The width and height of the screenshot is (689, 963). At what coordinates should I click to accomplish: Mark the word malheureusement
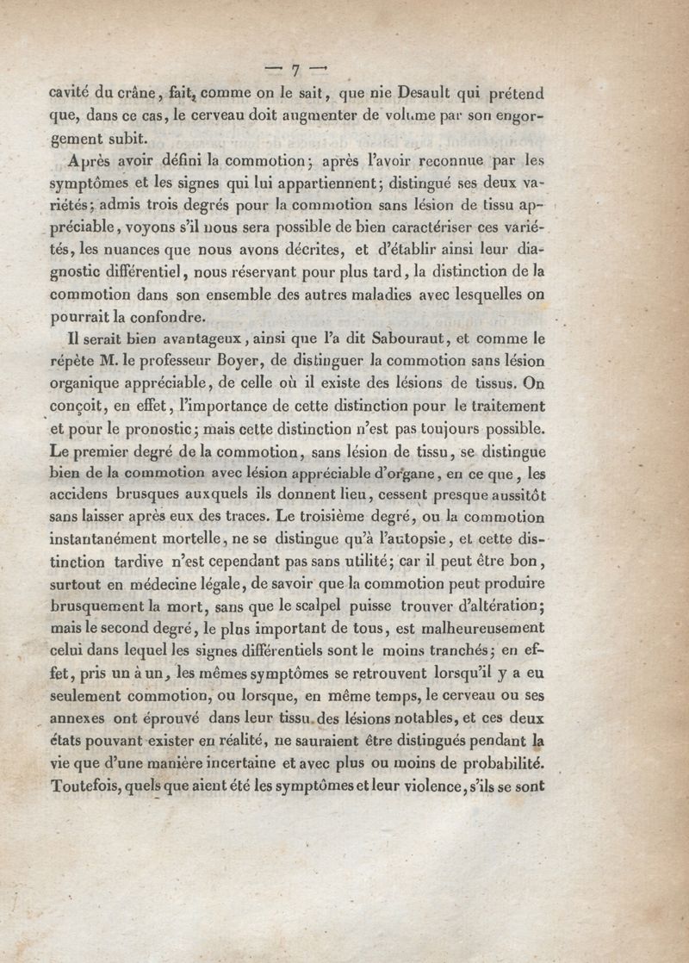(x=487, y=630)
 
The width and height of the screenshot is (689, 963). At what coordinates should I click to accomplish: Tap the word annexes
(x=82, y=719)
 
